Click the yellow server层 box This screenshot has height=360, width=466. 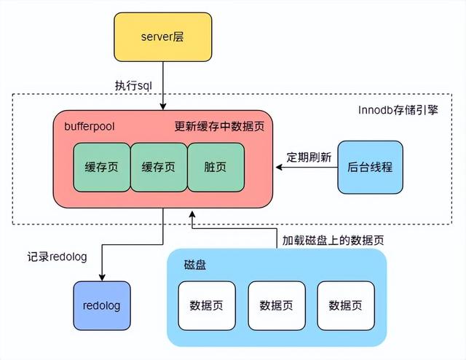click(x=162, y=36)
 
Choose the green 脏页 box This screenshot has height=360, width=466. click(x=216, y=167)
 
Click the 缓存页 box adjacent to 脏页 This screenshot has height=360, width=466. click(x=159, y=167)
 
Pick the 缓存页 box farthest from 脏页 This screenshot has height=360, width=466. click(x=102, y=167)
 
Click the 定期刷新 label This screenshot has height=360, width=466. click(x=309, y=157)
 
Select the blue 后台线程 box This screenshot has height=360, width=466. click(x=370, y=167)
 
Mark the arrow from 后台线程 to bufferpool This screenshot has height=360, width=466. click(x=306, y=168)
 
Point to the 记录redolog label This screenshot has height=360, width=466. click(x=57, y=257)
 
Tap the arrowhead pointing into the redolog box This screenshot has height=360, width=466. click(x=102, y=278)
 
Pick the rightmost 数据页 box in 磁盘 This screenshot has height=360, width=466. click(x=344, y=305)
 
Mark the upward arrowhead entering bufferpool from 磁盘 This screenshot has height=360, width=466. click(x=191, y=215)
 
